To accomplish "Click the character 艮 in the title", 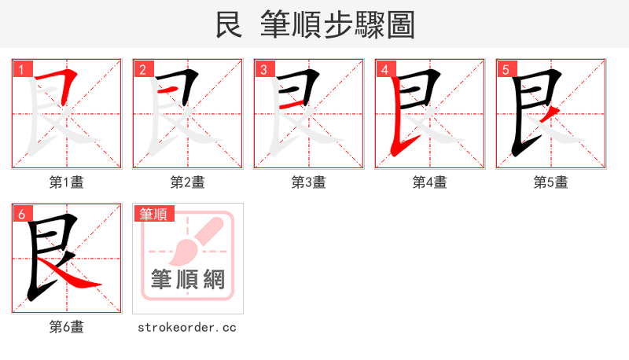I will click(228, 25).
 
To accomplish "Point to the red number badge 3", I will click(264, 70).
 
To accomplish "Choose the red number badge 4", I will click(385, 70).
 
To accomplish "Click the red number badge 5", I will click(506, 70).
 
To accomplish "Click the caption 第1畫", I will click(67, 182).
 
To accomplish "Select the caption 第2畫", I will click(188, 182).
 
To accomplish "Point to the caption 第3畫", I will click(309, 182).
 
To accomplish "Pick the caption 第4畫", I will click(430, 182).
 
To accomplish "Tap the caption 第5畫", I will click(551, 182).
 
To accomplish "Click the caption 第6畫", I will click(67, 327).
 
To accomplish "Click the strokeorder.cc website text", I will click(188, 327).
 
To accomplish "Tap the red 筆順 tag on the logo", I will click(153, 214).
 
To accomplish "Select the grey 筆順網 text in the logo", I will click(188, 279).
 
